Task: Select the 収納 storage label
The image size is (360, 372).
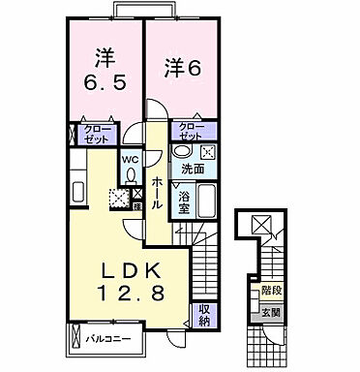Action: [204, 314]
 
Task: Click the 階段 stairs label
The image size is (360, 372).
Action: [270, 290]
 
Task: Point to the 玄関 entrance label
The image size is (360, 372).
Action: [270, 312]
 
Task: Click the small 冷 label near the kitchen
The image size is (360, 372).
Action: [137, 204]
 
